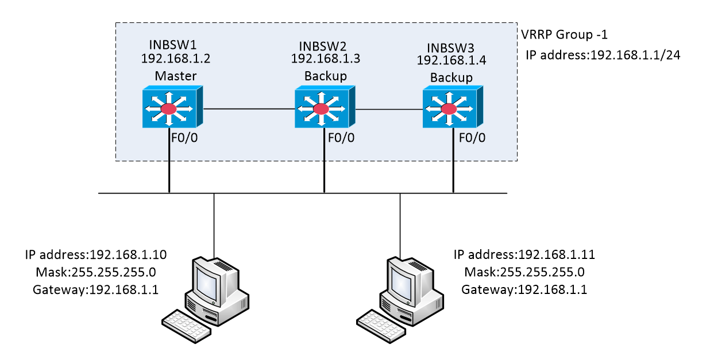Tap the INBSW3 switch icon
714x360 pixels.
[452, 107]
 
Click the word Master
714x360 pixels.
[175, 76]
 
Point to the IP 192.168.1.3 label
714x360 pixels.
[326, 58]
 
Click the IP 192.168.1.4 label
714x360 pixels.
[451, 60]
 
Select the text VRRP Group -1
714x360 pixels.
[564, 35]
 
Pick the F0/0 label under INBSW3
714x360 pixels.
[472, 138]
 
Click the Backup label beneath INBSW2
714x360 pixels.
[325, 76]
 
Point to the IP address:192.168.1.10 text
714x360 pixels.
[96, 254]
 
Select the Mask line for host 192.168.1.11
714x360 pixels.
[524, 272]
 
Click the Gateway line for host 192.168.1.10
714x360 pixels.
[96, 290]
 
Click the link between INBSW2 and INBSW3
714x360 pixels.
[389, 109]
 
